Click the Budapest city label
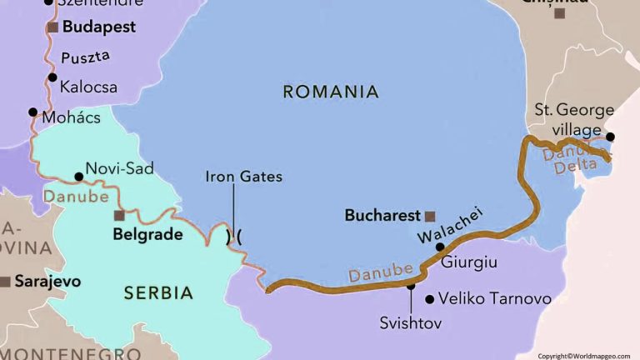100,27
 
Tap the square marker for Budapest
53,27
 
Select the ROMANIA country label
331,92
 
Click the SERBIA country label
158,293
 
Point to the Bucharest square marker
430,215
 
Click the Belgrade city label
147,235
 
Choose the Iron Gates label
243,177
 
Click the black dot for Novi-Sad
78,177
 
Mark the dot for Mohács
32,112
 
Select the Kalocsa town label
88,87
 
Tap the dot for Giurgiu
440,247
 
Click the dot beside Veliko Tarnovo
429,299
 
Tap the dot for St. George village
610,137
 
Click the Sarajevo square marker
5,282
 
